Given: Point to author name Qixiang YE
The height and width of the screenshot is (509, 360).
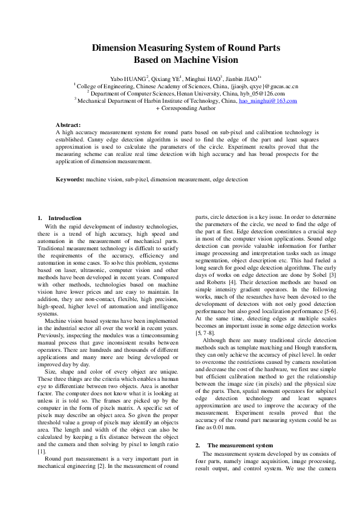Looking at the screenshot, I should pos(167,79).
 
